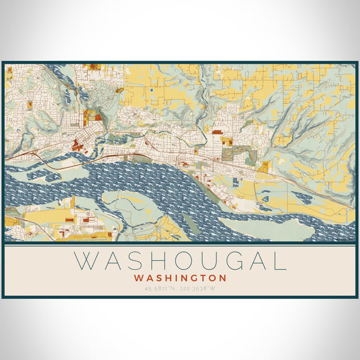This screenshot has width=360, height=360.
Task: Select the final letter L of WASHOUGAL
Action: (278, 262)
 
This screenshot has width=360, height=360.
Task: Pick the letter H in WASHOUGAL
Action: (143, 262)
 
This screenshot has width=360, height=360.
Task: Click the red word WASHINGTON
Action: (181, 278)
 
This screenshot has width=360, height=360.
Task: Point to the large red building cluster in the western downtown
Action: (77, 144)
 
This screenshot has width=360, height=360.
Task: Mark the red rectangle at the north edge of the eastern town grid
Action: (217, 131)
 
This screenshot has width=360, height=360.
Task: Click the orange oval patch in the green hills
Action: (119, 91)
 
